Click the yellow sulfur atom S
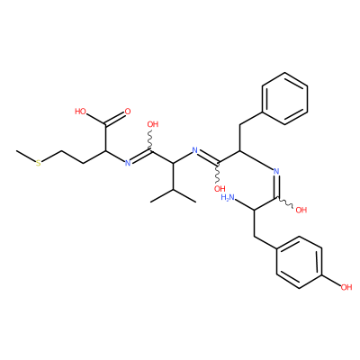pyautogui.click(x=39, y=164)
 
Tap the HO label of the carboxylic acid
pyautogui.click(x=80, y=112)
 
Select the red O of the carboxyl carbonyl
pyautogui.click(x=128, y=112)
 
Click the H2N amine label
pyautogui.click(x=228, y=197)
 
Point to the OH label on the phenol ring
pyautogui.click(x=346, y=287)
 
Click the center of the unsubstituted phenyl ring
pyautogui.click(x=284, y=98)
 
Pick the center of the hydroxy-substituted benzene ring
pyautogui.click(x=299, y=262)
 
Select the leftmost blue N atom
pyautogui.click(x=128, y=163)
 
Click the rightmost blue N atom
pyautogui.click(x=276, y=172)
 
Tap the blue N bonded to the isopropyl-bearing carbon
pyautogui.click(x=195, y=150)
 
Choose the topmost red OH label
pyautogui.click(x=153, y=124)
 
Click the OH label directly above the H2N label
pyautogui.click(x=220, y=189)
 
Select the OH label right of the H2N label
pyautogui.click(x=301, y=210)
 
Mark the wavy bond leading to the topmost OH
pyautogui.click(x=151, y=141)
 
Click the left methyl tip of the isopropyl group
pyautogui.click(x=150, y=202)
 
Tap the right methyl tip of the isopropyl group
pyautogui.click(x=196, y=202)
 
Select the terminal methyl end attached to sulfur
pyautogui.click(x=17, y=150)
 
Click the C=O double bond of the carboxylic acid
pyautogui.click(x=115, y=119)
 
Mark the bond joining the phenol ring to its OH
pyautogui.click(x=331, y=280)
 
